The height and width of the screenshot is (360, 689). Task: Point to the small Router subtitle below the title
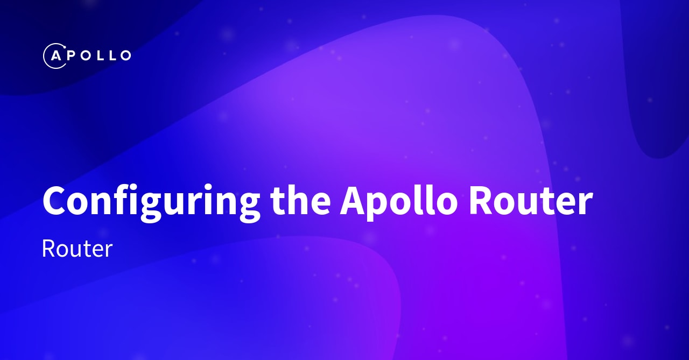pyautogui.click(x=77, y=249)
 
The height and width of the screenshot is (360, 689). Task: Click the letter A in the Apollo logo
pyautogui.click(x=55, y=55)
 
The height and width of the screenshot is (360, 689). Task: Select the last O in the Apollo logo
pyautogui.click(x=124, y=55)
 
